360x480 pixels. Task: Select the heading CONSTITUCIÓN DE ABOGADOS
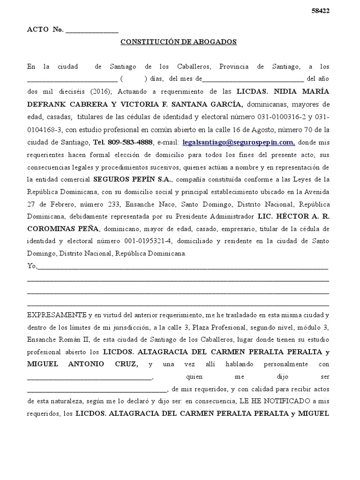179,42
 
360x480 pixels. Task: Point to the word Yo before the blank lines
31,266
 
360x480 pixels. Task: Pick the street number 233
112,204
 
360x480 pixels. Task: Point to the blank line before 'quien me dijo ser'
89,377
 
